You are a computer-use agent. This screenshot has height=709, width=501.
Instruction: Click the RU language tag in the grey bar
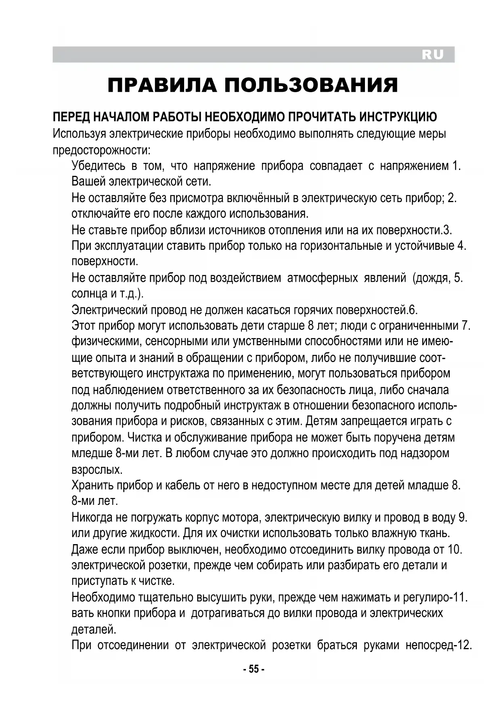click(432, 55)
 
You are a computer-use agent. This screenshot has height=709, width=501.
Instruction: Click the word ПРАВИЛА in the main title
click(161, 85)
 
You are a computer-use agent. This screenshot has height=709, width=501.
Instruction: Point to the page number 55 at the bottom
click(254, 669)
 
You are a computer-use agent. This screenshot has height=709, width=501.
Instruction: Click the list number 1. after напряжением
click(456, 166)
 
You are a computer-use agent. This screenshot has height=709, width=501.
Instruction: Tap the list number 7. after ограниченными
click(466, 325)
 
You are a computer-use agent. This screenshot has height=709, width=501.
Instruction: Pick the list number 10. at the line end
click(455, 550)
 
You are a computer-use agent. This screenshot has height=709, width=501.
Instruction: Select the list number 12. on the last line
click(464, 645)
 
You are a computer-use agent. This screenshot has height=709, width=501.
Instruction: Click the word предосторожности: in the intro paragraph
click(102, 150)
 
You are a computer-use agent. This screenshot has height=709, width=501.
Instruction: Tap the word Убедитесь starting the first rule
click(99, 166)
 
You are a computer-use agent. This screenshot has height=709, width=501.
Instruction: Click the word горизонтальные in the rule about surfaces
click(342, 246)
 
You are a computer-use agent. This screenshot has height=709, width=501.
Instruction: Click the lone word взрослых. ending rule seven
click(97, 470)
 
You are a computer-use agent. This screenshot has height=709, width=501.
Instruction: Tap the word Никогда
click(92, 517)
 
